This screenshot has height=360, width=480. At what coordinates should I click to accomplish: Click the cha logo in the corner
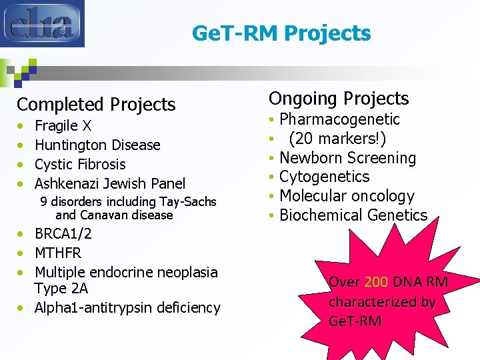pos(42,23)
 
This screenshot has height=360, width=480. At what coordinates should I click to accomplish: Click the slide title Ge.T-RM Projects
pos(281,33)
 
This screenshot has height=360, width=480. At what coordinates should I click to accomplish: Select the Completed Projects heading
pos(96,105)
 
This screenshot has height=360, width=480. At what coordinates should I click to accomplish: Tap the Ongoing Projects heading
pos(339,99)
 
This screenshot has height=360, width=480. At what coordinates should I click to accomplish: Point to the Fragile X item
pos(63,125)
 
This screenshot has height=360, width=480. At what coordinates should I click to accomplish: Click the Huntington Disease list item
pos(97,145)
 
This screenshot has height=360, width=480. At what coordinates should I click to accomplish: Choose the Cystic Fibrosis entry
pos(80,164)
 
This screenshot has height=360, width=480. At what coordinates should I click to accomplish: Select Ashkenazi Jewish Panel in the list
pos(110,183)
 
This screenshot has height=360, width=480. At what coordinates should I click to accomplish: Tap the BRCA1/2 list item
pos(63,234)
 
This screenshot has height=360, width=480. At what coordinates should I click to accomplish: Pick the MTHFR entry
pos(58,253)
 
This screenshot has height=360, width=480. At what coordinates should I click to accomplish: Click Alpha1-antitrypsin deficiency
pos(127,307)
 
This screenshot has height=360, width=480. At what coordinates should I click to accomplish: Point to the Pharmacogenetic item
pos(339,119)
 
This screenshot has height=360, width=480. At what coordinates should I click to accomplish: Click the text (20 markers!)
pos(337,139)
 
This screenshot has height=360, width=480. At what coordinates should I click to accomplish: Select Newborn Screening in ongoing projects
pos(347,158)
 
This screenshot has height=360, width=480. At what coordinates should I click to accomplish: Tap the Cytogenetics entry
pos(324,177)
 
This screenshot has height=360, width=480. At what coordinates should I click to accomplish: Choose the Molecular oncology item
pos(347,196)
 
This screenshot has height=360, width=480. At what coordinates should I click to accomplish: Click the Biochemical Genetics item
pos(353,215)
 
